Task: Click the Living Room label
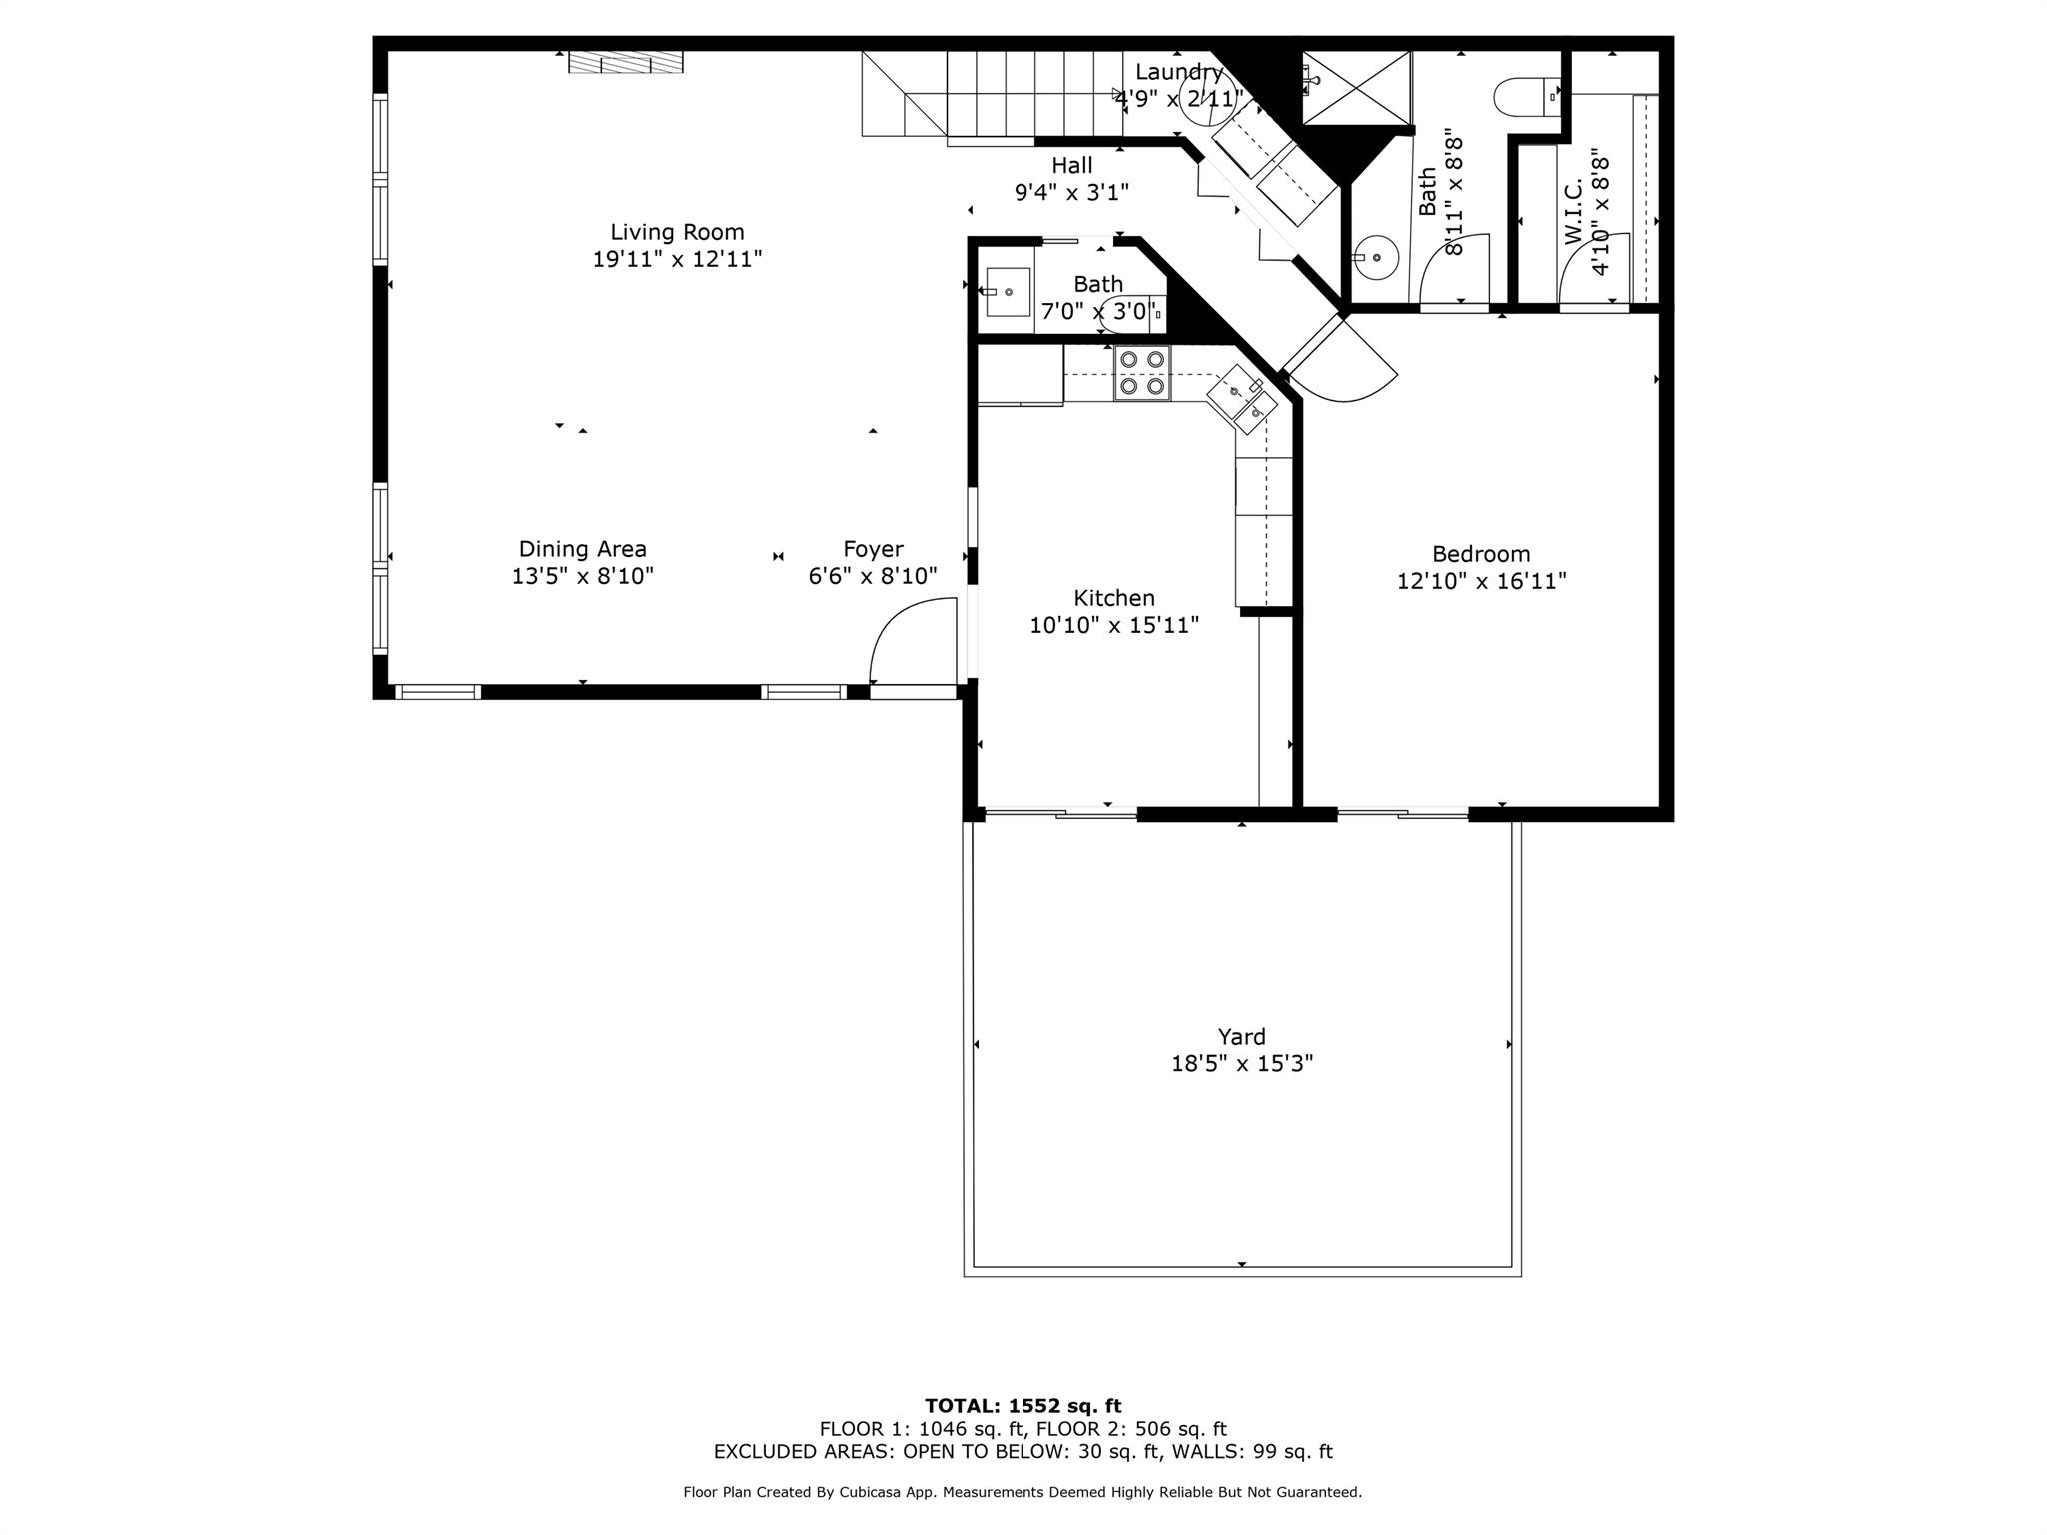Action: click(677, 232)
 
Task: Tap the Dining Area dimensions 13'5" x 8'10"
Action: click(582, 576)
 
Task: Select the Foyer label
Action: click(873, 549)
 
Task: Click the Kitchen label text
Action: click(1114, 598)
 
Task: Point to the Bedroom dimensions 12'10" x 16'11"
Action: click(1481, 581)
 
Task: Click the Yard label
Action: click(1242, 1037)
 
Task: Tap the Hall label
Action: click(1071, 165)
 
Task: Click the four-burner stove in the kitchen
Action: click(1142, 373)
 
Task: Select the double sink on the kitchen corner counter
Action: click(1242, 398)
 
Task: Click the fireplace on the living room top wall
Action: click(626, 62)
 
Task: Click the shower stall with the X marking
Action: click(1356, 88)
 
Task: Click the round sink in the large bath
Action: click(1376, 258)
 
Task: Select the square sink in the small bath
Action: click(1008, 292)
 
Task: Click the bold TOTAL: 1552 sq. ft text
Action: click(1023, 1406)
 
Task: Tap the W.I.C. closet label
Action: click(1573, 211)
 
